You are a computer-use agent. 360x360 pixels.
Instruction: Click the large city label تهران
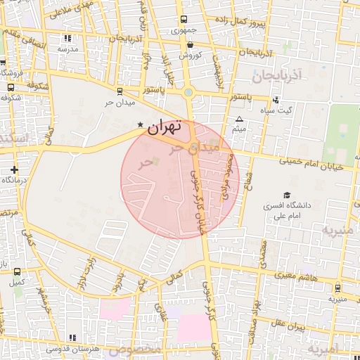[165, 128]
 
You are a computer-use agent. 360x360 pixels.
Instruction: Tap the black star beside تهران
[139, 125]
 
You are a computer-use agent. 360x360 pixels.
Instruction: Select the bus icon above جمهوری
[184, 20]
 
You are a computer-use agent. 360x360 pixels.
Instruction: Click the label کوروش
[190, 55]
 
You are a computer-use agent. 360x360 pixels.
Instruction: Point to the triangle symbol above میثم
[240, 120]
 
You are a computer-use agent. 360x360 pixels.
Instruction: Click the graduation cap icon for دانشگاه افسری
[286, 195]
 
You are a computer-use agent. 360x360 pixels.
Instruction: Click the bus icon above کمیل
[17, 271]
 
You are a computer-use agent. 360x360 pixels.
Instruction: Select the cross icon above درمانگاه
[15, 169]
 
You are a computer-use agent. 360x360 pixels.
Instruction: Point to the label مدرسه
[67, 49]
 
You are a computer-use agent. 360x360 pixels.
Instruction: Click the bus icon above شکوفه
[10, 87]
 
